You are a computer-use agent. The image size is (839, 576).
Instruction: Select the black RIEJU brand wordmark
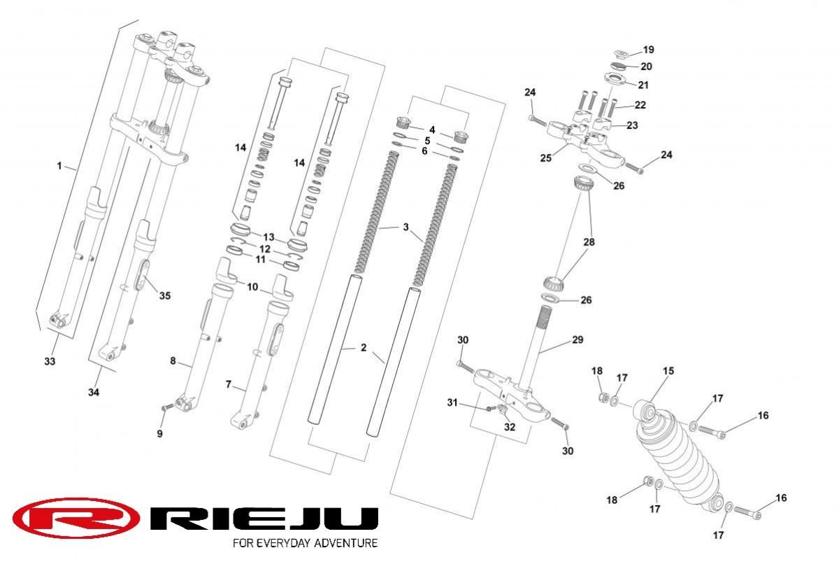click(265, 519)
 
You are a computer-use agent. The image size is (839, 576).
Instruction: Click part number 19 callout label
click(648, 50)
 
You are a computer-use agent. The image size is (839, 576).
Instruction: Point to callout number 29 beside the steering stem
click(577, 339)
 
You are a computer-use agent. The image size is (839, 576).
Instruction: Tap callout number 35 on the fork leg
click(164, 295)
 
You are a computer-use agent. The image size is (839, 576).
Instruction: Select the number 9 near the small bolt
click(159, 434)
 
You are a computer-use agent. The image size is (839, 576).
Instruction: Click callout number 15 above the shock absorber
click(668, 371)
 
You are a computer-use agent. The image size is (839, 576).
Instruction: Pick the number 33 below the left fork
click(49, 361)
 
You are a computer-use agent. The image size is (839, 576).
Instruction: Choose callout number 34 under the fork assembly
click(94, 393)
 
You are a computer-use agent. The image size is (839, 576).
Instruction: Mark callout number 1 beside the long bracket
click(59, 166)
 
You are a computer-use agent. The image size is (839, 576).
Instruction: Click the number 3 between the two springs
click(405, 227)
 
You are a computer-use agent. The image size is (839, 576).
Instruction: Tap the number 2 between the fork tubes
click(364, 347)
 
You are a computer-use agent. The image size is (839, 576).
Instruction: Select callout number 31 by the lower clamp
click(452, 402)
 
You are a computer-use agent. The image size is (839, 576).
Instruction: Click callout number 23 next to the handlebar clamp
click(632, 126)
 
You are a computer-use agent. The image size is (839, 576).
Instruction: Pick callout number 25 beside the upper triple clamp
click(546, 158)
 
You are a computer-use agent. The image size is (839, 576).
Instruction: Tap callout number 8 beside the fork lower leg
click(173, 361)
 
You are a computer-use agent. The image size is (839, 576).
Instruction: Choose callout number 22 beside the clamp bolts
click(640, 105)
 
